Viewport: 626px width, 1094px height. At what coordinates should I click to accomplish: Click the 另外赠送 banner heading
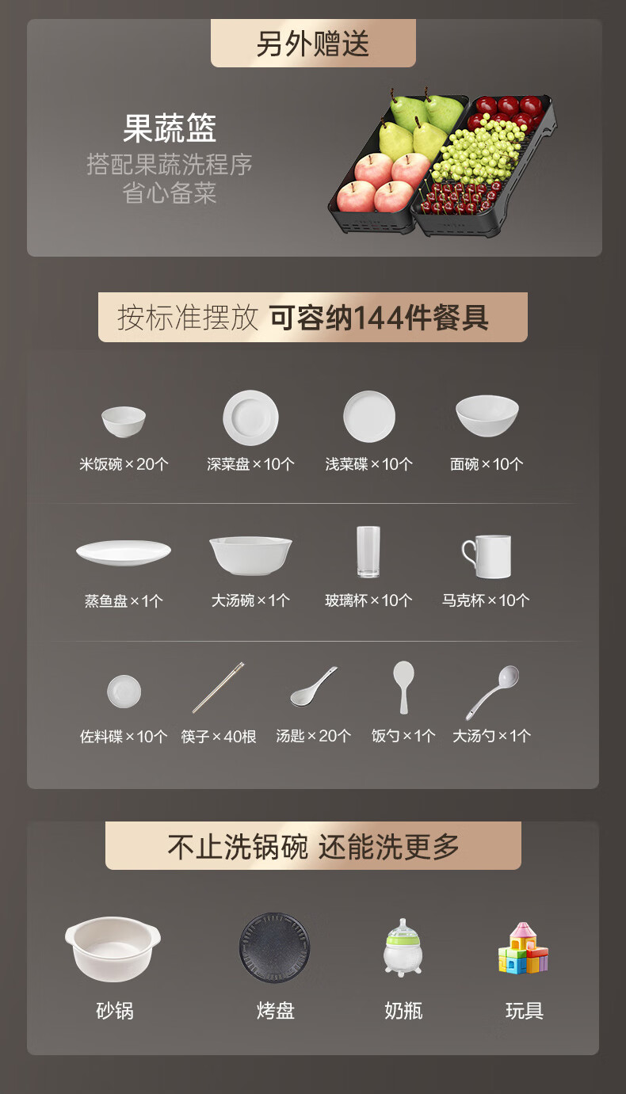click(313, 44)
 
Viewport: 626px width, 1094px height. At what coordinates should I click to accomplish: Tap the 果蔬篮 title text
click(169, 128)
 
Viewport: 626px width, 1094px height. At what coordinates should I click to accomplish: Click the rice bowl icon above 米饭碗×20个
click(123, 421)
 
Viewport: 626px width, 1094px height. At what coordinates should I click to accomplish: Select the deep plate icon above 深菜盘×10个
click(250, 417)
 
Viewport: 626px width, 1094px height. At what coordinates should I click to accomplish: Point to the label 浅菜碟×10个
click(369, 463)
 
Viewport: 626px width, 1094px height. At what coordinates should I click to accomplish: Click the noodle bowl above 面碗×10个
click(487, 416)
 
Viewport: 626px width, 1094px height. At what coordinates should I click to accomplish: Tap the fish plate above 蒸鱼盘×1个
click(124, 553)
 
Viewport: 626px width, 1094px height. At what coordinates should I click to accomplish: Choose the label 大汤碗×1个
click(250, 600)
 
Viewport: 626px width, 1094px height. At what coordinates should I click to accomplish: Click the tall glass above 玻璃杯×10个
click(368, 551)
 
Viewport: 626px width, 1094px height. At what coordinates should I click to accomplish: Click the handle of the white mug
click(466, 553)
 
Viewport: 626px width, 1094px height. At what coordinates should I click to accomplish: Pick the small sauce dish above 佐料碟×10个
click(124, 692)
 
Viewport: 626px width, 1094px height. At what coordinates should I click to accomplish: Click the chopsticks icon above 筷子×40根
click(218, 688)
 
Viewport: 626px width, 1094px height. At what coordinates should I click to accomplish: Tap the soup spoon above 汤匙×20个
click(313, 687)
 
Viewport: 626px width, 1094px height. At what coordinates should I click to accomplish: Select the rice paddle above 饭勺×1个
click(403, 687)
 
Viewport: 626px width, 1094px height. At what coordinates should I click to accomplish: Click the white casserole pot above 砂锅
click(113, 949)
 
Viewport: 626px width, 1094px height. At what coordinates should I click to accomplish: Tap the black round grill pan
click(275, 948)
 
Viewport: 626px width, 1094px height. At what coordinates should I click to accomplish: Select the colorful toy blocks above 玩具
click(523, 948)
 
